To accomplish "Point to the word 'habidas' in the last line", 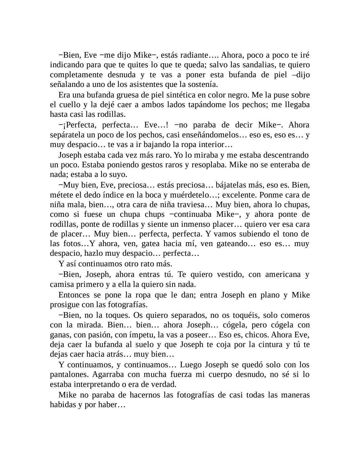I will click(62, 405).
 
